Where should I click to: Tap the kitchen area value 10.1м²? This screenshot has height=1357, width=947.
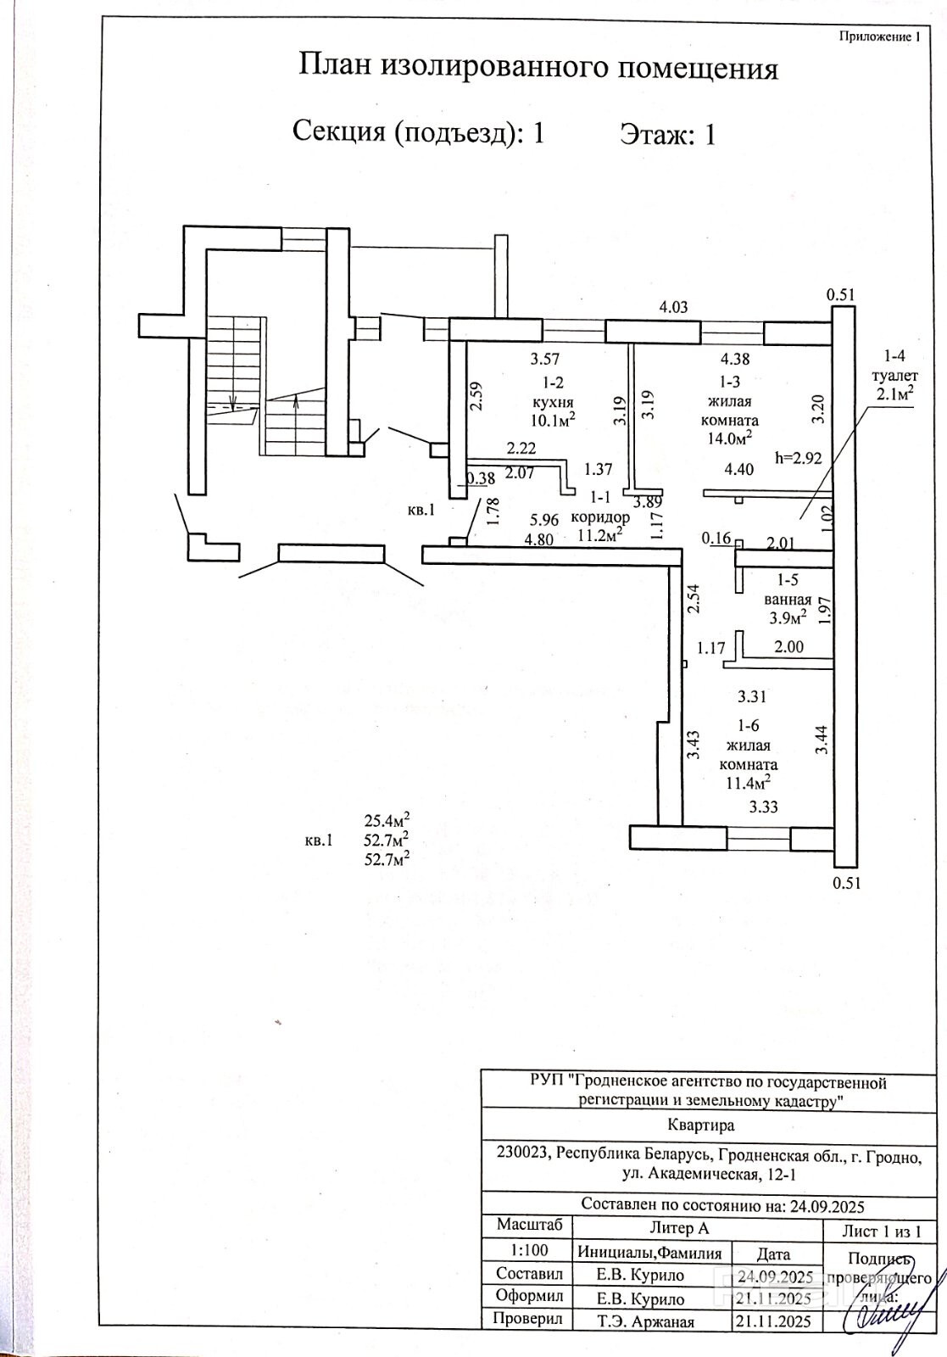[x=554, y=419]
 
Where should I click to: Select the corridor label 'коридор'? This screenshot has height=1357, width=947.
[x=600, y=517]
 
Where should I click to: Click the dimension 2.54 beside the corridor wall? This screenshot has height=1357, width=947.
[x=694, y=599]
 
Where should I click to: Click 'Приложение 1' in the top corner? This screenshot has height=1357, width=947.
[x=878, y=36]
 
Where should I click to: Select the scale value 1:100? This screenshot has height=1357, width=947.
[x=528, y=1249]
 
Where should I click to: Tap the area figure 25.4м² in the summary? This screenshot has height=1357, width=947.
[x=387, y=820]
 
